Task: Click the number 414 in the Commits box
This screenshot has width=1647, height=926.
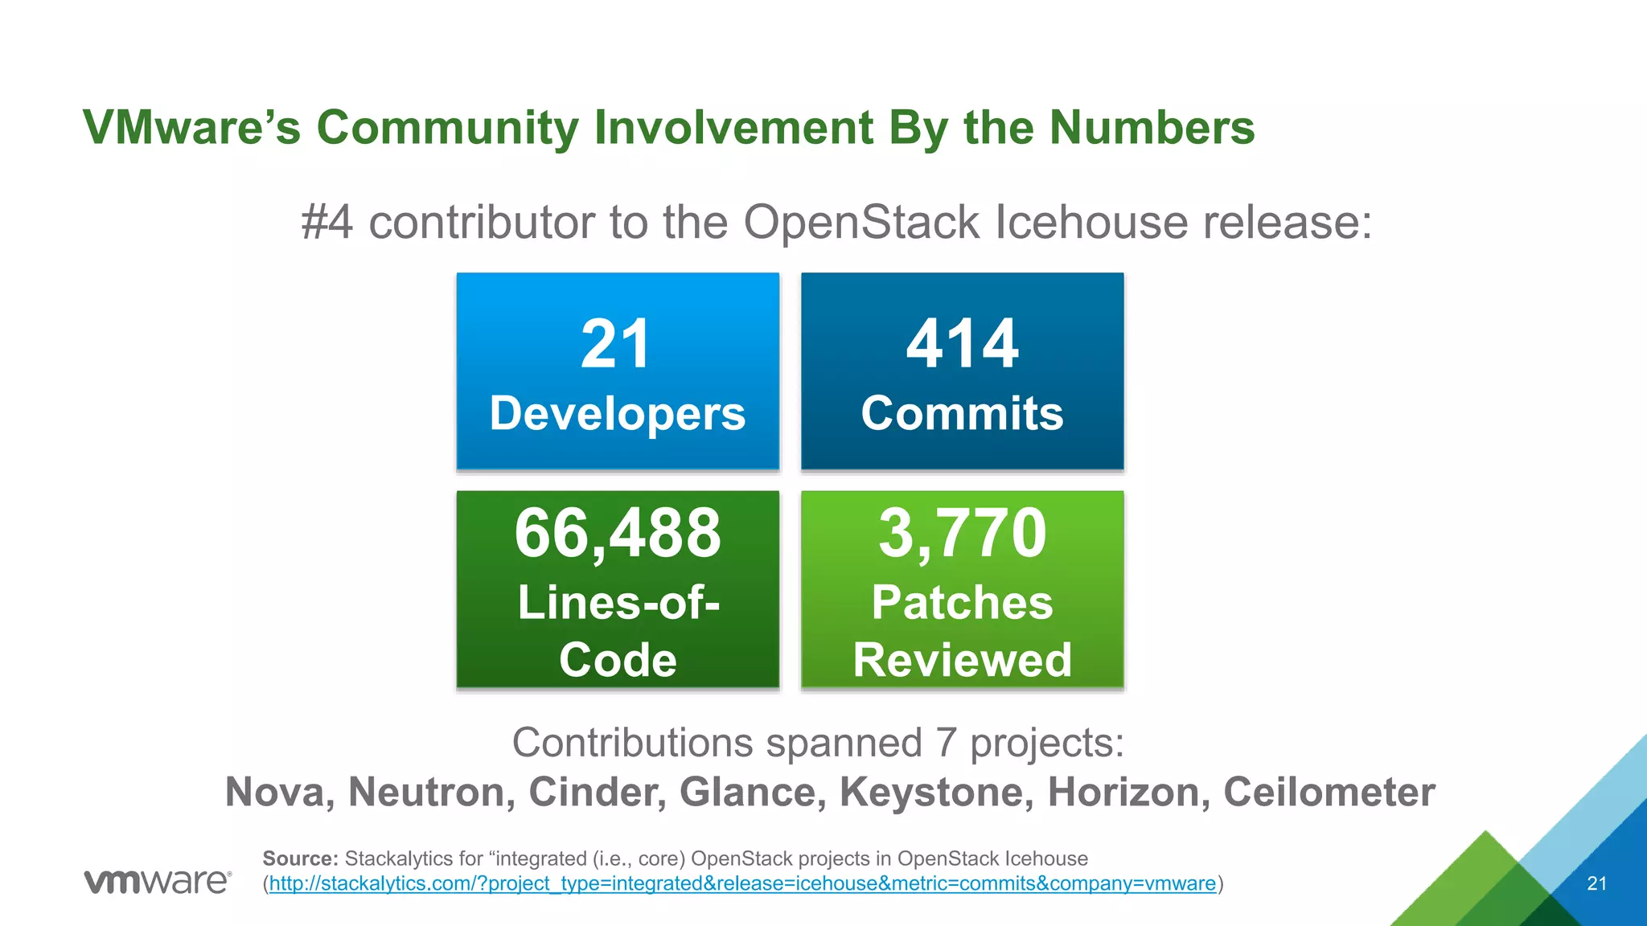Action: coord(962,344)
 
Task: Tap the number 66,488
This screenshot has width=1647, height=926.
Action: coord(618,533)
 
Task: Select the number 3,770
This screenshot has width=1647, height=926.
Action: coord(962,533)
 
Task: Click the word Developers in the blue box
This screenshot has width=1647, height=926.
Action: coord(618,414)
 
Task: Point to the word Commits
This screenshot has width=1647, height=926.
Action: coord(962,414)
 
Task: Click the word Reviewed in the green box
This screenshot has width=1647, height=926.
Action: coord(962,660)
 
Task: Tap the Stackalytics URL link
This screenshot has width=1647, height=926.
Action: coord(742,883)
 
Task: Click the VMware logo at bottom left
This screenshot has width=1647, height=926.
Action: coord(158,882)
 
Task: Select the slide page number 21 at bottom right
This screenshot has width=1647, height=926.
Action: coord(1596,884)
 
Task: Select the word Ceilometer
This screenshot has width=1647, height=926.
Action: coord(1329,792)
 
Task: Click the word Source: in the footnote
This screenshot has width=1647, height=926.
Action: coord(300,858)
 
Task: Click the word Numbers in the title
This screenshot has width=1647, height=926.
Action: coord(1152,127)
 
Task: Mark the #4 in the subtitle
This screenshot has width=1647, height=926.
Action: coord(327,222)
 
